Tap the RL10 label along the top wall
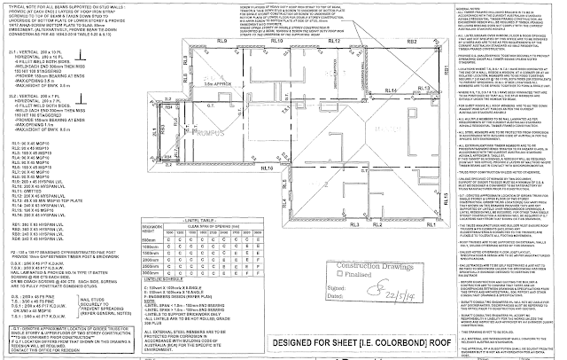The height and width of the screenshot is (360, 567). tap(276, 42)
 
